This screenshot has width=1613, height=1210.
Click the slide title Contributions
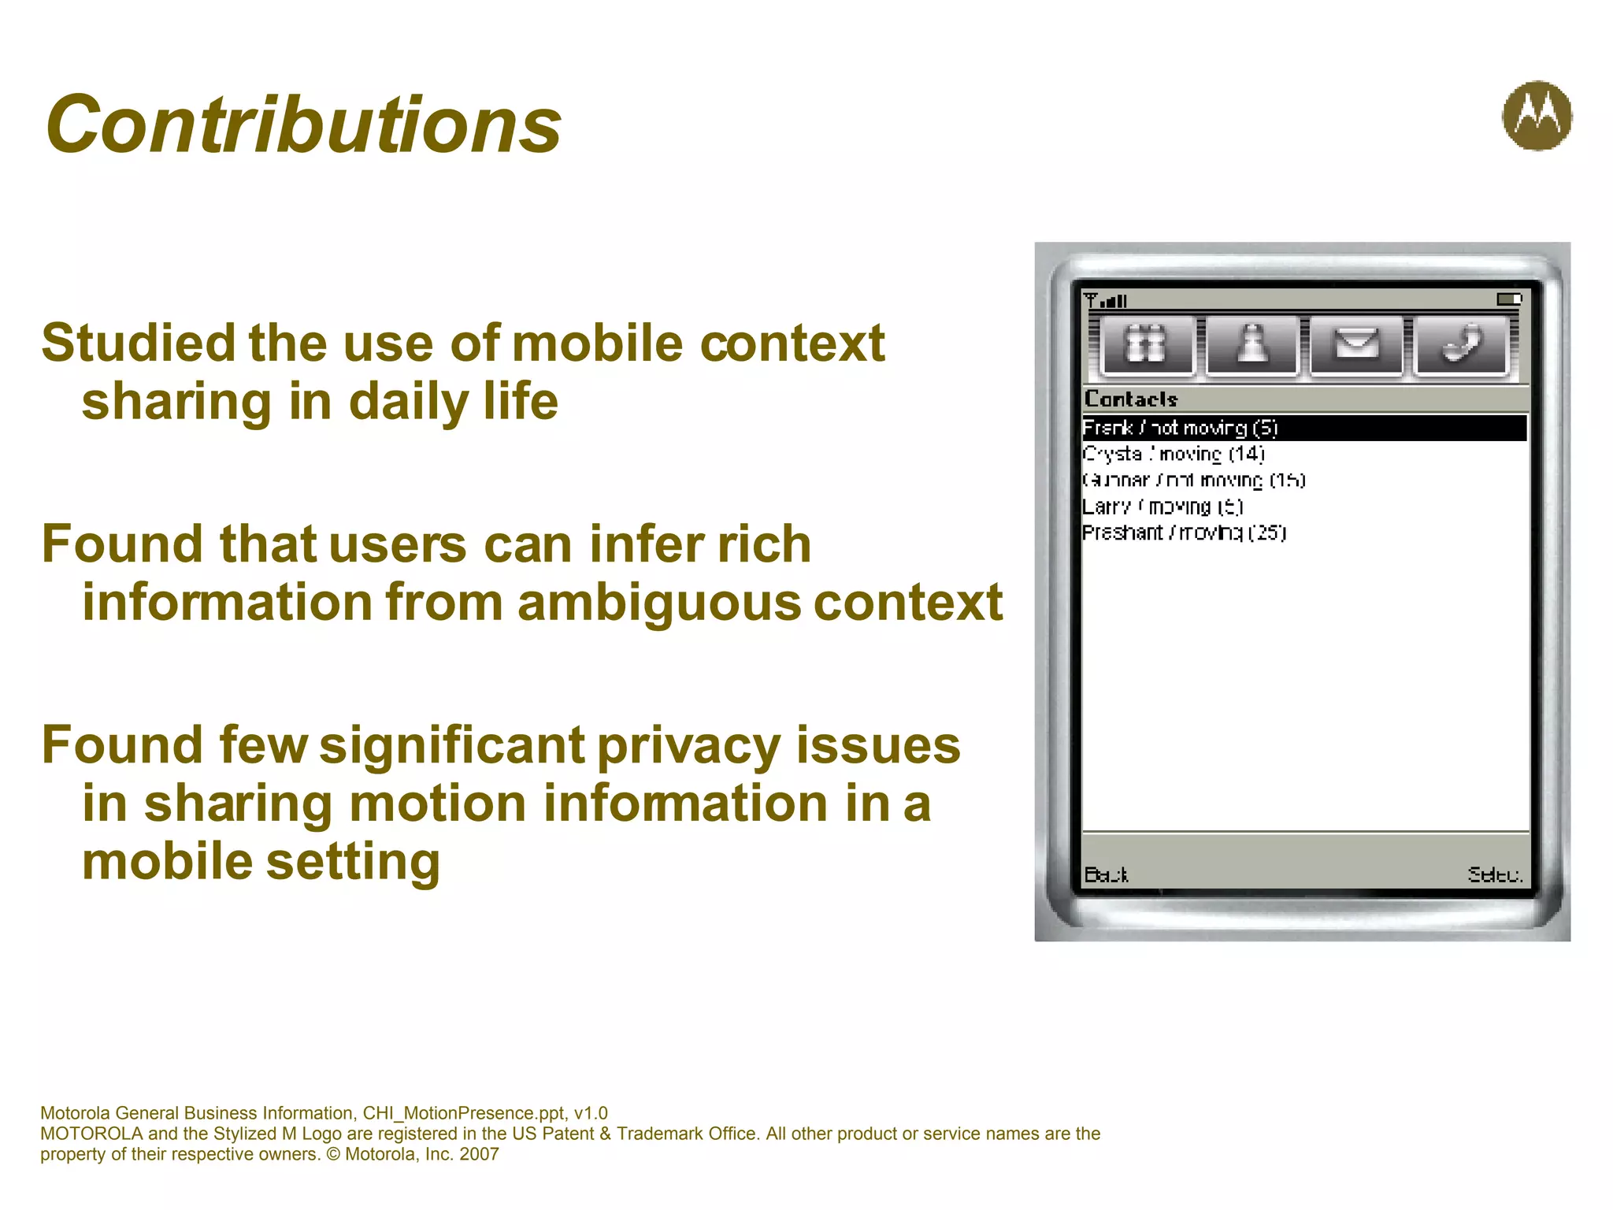[303, 124]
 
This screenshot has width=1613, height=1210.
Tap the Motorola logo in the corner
[1537, 116]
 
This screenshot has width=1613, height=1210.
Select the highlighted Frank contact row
[1303, 428]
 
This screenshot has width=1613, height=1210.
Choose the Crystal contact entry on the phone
[1174, 455]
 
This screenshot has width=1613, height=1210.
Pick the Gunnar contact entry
[1194, 481]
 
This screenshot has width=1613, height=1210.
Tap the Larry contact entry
[1162, 507]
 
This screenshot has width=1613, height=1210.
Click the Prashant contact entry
[1184, 533]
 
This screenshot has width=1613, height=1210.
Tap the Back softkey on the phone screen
[1106, 874]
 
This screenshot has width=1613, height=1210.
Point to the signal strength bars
[1106, 300]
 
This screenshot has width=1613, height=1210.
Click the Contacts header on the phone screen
[1130, 399]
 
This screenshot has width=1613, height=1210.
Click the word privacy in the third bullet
[688, 745]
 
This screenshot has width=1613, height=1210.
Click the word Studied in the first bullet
[139, 343]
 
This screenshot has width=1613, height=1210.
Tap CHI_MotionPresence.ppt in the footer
[463, 1113]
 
